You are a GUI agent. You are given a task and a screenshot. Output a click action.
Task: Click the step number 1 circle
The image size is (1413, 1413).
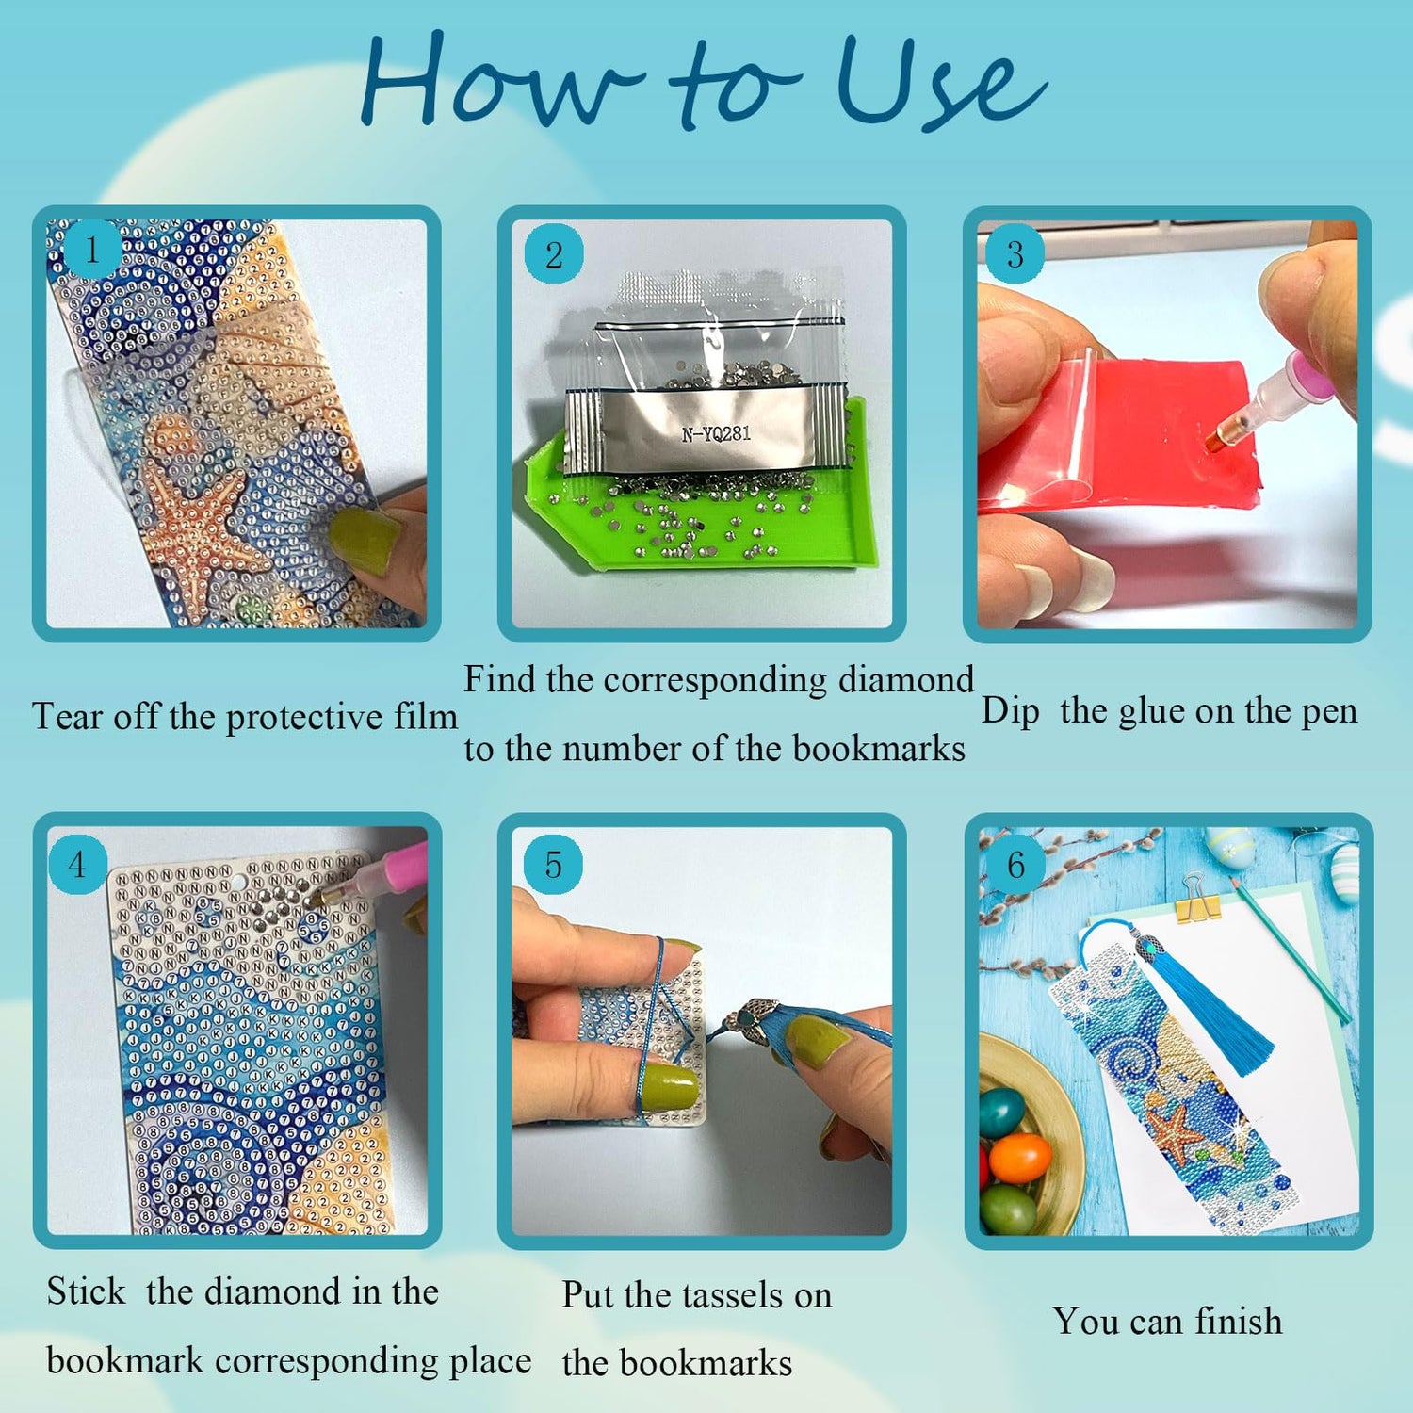(91, 251)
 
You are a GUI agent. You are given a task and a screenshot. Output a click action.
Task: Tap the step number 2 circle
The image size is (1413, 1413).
(554, 254)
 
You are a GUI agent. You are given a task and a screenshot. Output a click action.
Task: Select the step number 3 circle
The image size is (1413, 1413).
(1015, 254)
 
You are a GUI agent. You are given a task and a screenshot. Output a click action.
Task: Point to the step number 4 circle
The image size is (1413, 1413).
(77, 864)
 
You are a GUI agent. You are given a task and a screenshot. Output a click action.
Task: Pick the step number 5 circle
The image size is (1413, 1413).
(554, 864)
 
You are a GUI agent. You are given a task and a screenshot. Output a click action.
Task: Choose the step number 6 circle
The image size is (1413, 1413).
(1015, 864)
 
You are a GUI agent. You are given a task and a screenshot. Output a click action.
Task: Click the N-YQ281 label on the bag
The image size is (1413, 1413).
(716, 434)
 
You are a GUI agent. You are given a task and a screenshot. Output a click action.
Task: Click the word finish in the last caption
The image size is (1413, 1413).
(1238, 1321)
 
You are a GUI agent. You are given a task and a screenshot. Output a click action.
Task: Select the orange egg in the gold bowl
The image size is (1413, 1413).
(1020, 1158)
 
